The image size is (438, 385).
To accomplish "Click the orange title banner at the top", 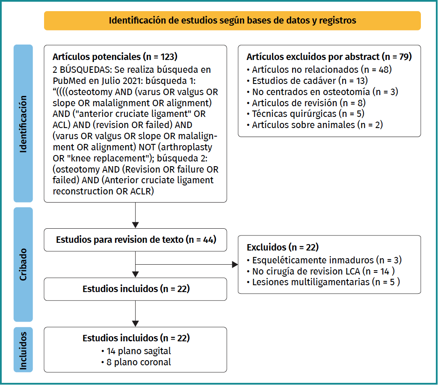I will pos(232,21).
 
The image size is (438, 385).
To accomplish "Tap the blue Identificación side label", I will pos(23,123).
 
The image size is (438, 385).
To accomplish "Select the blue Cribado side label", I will pos(23,264).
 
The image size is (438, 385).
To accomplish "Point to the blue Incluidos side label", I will pos(23,349).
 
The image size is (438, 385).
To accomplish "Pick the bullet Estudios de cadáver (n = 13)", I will pos(310,80).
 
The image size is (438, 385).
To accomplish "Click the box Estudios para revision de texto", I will pos(136,240).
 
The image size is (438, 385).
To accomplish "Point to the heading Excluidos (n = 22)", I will pos(282,248).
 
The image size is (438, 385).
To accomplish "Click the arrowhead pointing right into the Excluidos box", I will pos(235,265).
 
